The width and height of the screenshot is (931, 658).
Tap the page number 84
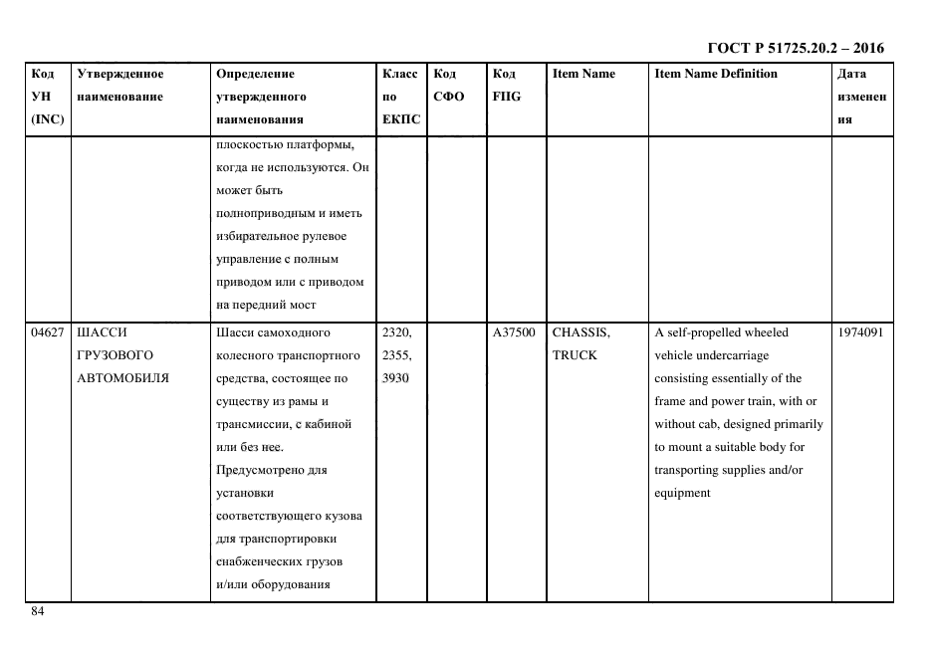[x=38, y=611]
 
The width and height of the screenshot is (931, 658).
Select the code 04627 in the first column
[x=48, y=332]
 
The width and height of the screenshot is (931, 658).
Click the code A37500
[x=514, y=332]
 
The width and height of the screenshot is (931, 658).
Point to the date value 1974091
[x=862, y=332]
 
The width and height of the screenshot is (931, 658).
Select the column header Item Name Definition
[x=716, y=74]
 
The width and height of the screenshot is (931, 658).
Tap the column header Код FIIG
[x=506, y=86]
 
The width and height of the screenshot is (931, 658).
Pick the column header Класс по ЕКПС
[x=401, y=97]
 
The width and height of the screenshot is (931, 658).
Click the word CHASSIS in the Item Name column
[x=581, y=332]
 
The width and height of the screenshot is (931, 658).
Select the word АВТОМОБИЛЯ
[x=122, y=378]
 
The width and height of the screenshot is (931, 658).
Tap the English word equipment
[x=682, y=493]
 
